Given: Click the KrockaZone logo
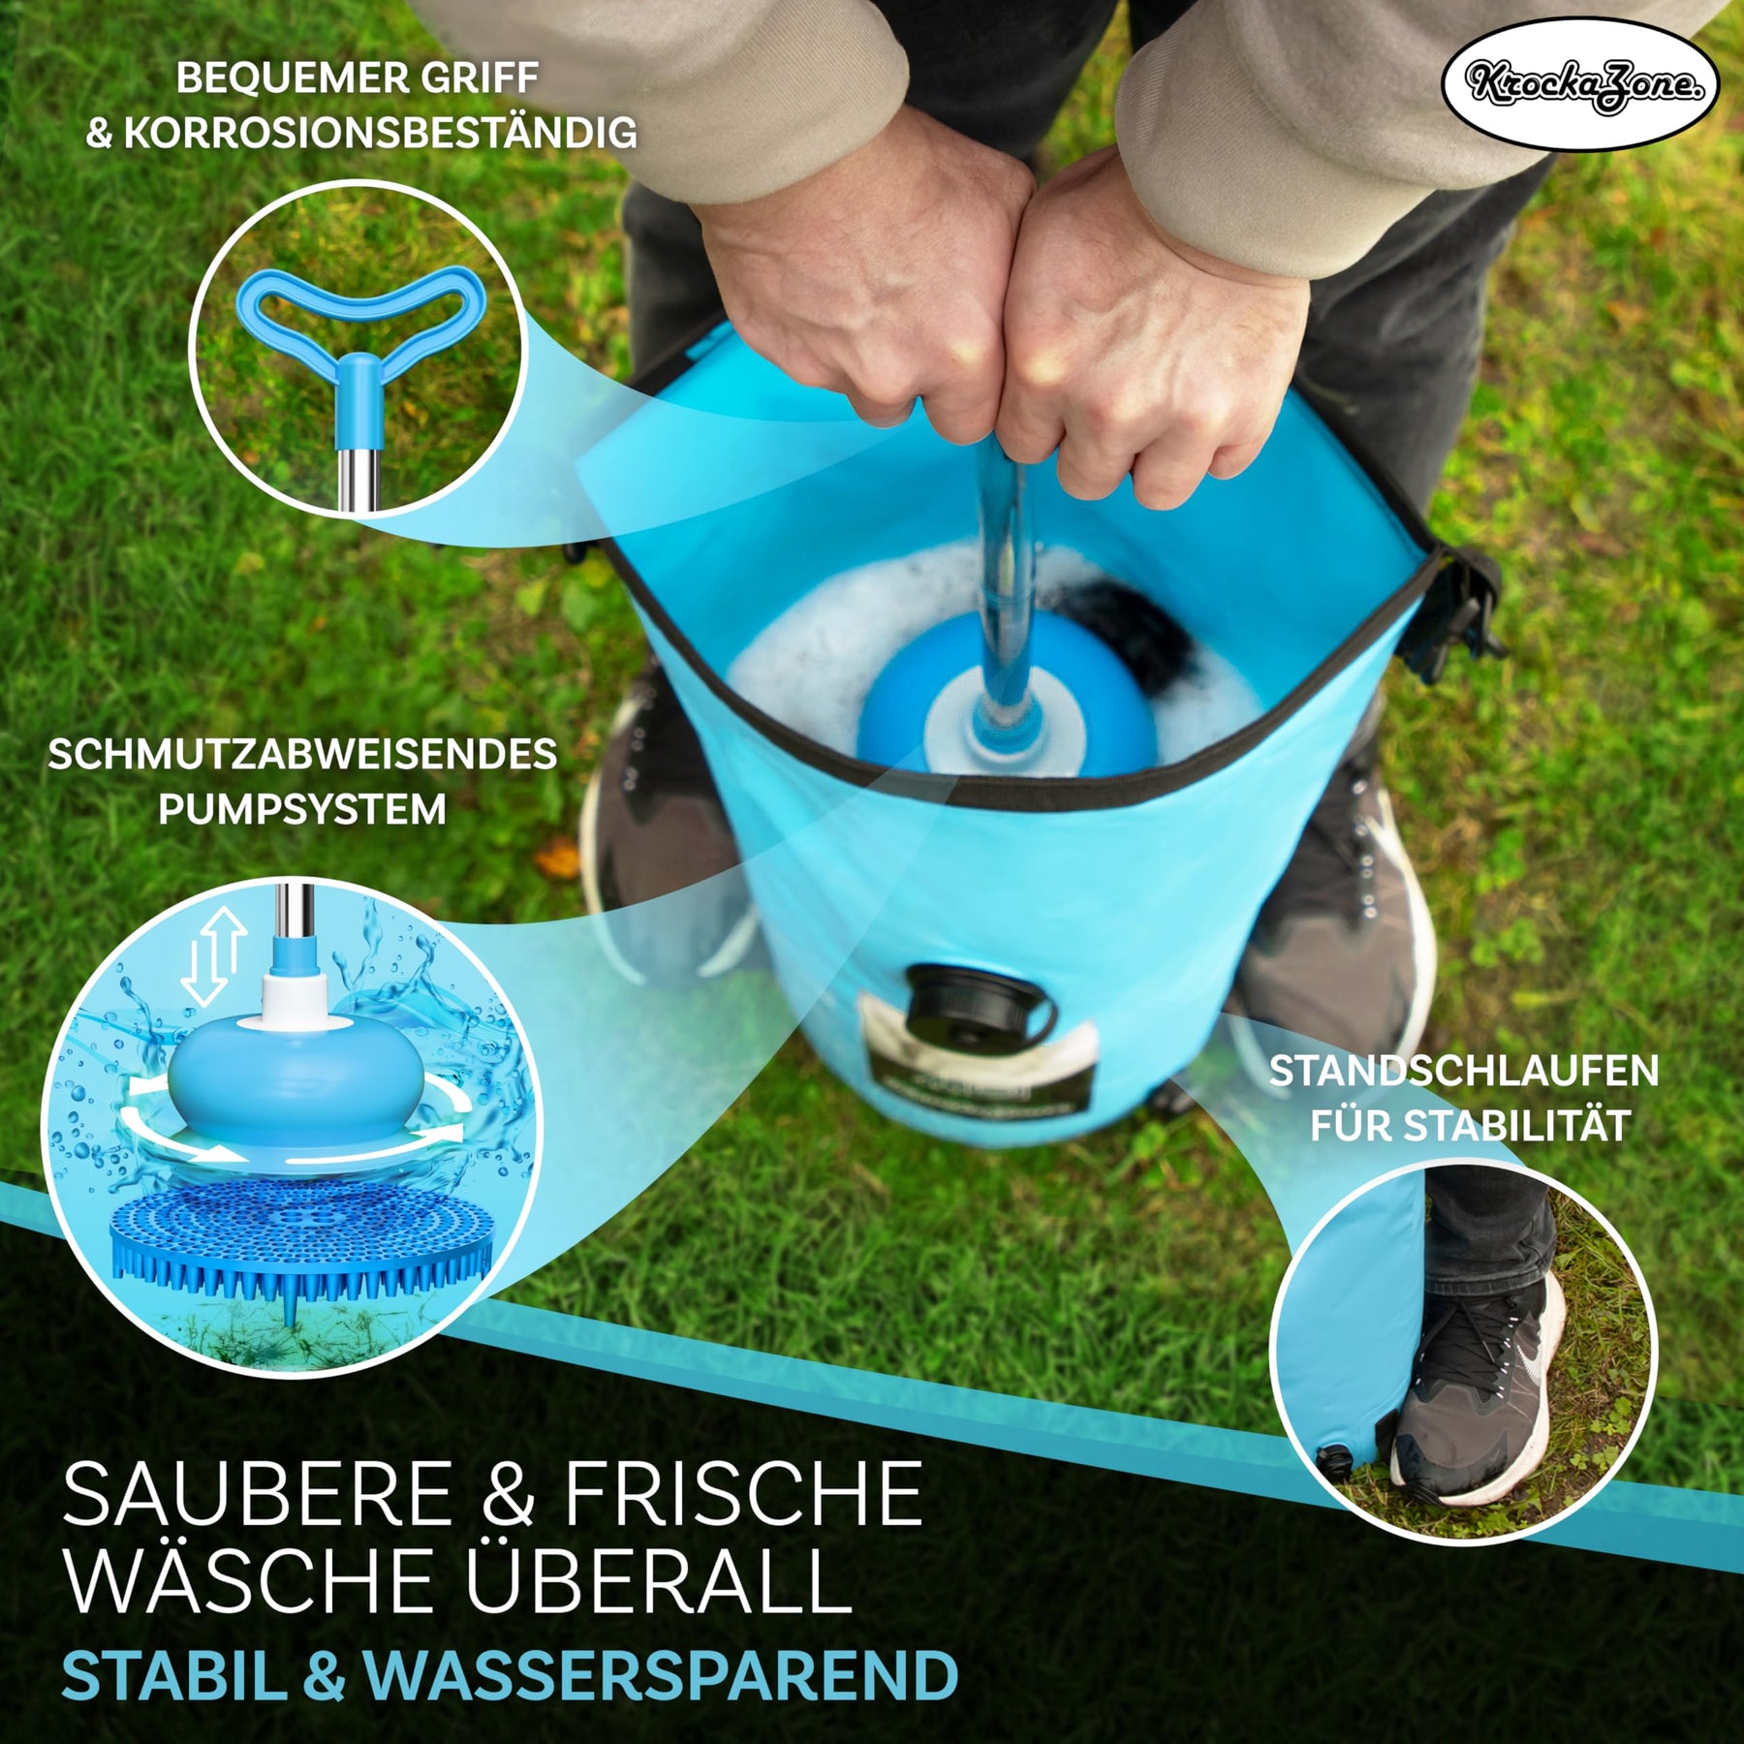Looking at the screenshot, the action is (1579, 84).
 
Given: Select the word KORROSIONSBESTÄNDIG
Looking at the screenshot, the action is (380, 134).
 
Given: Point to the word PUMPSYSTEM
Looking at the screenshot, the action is (302, 809).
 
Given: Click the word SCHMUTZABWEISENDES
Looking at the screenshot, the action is (302, 755).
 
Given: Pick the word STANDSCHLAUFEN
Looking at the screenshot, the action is (1464, 1071).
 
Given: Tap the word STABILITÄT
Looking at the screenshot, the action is (1517, 1127).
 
